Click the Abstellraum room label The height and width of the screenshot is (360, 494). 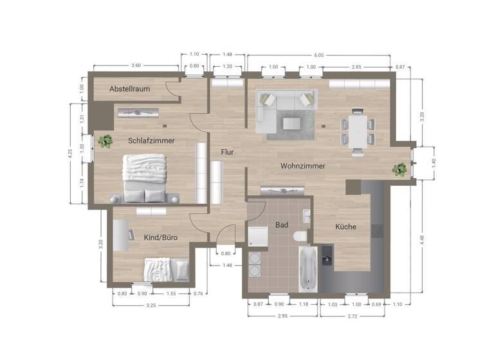[x=130, y=89]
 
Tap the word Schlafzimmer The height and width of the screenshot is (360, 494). [x=151, y=140]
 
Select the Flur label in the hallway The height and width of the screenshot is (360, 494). [x=227, y=152]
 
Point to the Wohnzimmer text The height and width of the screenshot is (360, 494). [x=302, y=166]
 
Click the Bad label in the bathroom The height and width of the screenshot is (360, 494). [x=282, y=225]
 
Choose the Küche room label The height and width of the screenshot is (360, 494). [x=345, y=227]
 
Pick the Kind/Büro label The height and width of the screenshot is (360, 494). [x=160, y=237]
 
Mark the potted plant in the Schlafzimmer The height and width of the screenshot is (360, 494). [x=103, y=141]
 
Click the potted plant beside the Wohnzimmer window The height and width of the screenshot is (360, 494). [x=399, y=169]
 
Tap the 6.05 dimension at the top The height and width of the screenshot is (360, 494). [x=318, y=56]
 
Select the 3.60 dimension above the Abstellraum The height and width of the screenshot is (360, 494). [x=136, y=66]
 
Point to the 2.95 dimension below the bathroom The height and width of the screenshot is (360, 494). [x=281, y=316]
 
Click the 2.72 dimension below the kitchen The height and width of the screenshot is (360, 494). [x=352, y=316]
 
